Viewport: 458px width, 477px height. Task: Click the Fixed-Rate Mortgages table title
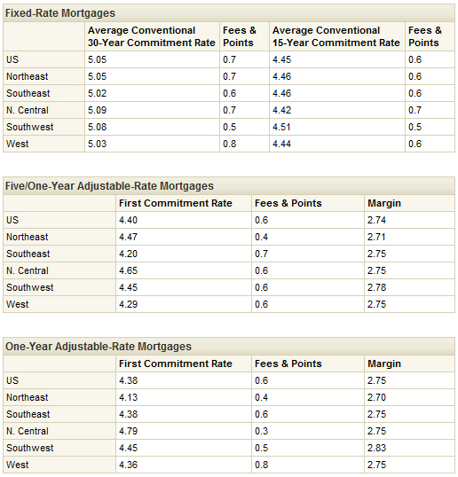pyautogui.click(x=60, y=13)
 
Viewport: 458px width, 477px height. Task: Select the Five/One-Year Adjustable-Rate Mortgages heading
pyautogui.click(x=110, y=186)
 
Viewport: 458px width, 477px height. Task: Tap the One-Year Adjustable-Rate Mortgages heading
pyautogui.click(x=99, y=347)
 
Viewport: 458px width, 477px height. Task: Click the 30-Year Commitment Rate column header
pyautogui.click(x=152, y=36)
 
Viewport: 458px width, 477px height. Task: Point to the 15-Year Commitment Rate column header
pyautogui.click(x=336, y=36)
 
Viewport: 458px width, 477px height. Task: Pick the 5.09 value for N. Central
pyautogui.click(x=98, y=110)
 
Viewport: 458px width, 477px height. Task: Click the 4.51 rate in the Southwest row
pyautogui.click(x=281, y=127)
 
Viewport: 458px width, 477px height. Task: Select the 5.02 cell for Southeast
pyautogui.click(x=98, y=93)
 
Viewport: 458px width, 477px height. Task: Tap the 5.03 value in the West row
pyautogui.click(x=98, y=144)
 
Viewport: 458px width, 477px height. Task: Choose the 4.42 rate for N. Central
pyautogui.click(x=282, y=110)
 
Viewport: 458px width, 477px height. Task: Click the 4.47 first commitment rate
pyautogui.click(x=128, y=237)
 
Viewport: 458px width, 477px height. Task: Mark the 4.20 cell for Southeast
pyautogui.click(x=128, y=254)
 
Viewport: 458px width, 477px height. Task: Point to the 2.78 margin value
pyautogui.click(x=376, y=287)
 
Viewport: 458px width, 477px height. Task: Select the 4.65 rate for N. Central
pyautogui.click(x=128, y=270)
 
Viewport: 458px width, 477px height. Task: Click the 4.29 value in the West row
pyautogui.click(x=128, y=304)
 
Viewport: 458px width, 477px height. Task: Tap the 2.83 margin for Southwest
pyautogui.click(x=376, y=448)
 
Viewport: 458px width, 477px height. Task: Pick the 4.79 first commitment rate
pyautogui.click(x=128, y=431)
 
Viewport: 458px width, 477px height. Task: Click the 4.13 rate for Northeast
pyautogui.click(x=128, y=397)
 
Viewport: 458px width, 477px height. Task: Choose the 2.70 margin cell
pyautogui.click(x=376, y=397)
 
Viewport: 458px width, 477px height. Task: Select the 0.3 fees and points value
pyautogui.click(x=262, y=431)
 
